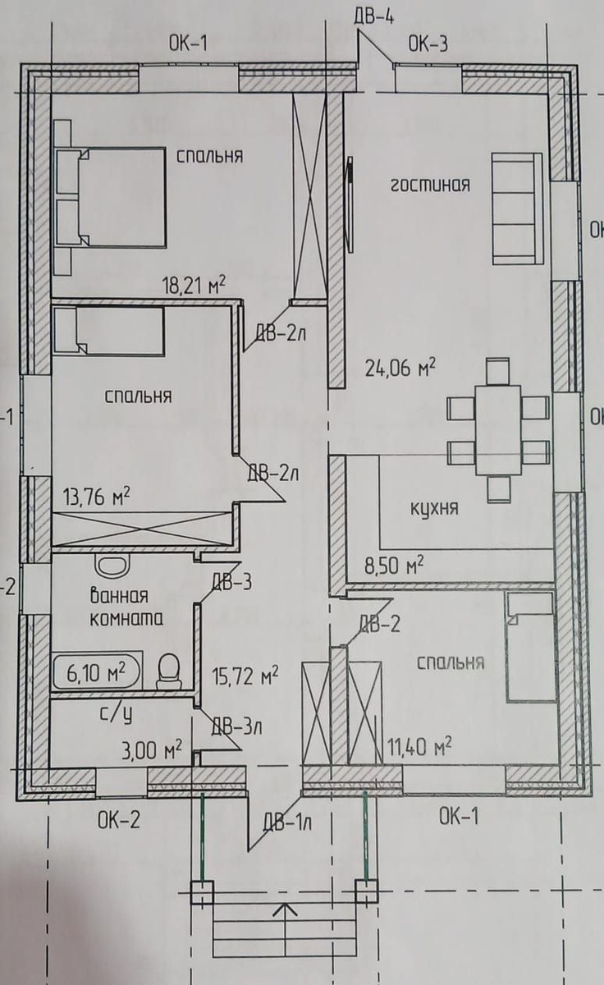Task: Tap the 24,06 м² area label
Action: (x=400, y=367)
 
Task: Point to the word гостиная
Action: (x=430, y=184)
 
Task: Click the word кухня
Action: (x=434, y=509)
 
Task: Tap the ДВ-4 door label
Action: (x=374, y=16)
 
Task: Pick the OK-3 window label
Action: (x=428, y=44)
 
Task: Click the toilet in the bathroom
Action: (x=167, y=671)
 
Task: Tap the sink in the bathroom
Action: (x=109, y=565)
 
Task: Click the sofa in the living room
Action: (x=517, y=208)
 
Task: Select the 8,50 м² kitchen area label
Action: (x=395, y=565)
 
